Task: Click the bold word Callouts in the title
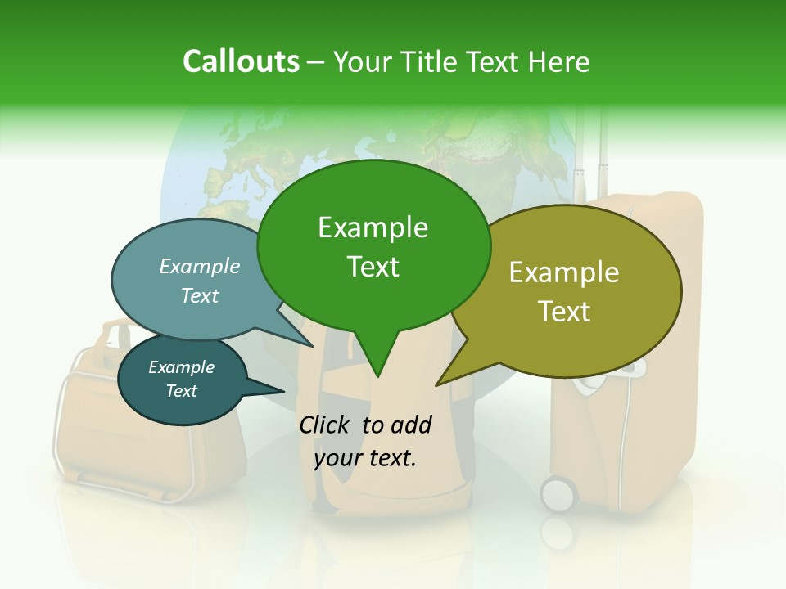[x=241, y=62]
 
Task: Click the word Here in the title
[x=560, y=62]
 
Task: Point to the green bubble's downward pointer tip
[x=377, y=375]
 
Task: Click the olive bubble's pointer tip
[x=438, y=384]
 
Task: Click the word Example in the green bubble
[x=373, y=227]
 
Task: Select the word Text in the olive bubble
[x=564, y=312]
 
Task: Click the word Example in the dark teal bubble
[x=182, y=367]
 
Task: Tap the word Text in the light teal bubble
[x=200, y=295]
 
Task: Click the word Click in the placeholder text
[x=327, y=425]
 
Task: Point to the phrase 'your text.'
[x=365, y=458]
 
